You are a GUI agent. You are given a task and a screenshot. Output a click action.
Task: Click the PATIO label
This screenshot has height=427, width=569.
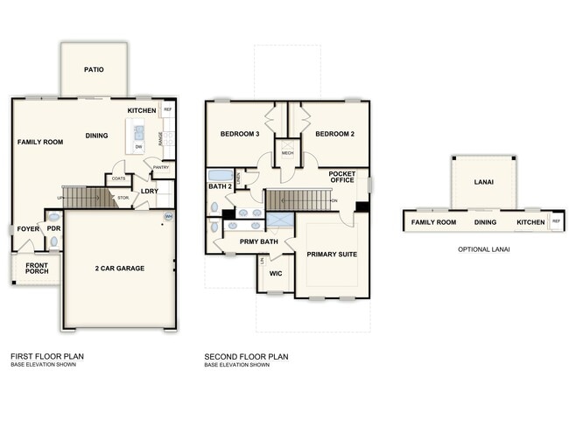pyautogui.click(x=95, y=69)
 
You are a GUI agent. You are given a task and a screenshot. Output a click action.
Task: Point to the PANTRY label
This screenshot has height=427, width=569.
pyautogui.click(x=161, y=167)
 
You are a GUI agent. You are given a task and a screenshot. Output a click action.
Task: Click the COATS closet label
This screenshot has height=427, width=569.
pyautogui.click(x=118, y=179)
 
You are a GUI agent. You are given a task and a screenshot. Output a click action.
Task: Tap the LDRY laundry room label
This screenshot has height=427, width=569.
pyautogui.click(x=150, y=191)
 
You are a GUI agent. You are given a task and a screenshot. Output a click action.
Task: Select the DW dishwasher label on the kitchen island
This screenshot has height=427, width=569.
pyautogui.click(x=138, y=147)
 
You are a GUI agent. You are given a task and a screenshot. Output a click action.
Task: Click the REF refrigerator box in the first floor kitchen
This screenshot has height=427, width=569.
pyautogui.click(x=167, y=110)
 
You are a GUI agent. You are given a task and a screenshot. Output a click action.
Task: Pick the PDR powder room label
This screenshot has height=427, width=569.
pyautogui.click(x=53, y=228)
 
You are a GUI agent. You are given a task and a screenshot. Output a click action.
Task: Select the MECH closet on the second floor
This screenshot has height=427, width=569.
pyautogui.click(x=287, y=153)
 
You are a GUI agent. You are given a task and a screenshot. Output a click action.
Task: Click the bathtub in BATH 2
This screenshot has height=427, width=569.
pyautogui.click(x=221, y=175)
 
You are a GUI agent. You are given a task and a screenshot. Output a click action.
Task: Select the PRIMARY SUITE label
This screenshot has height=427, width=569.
pyautogui.click(x=332, y=255)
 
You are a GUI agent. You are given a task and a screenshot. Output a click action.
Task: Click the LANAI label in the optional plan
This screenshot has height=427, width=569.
pyautogui.click(x=483, y=183)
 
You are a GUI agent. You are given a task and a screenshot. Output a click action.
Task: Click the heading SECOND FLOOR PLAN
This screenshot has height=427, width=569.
pyautogui.click(x=246, y=356)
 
